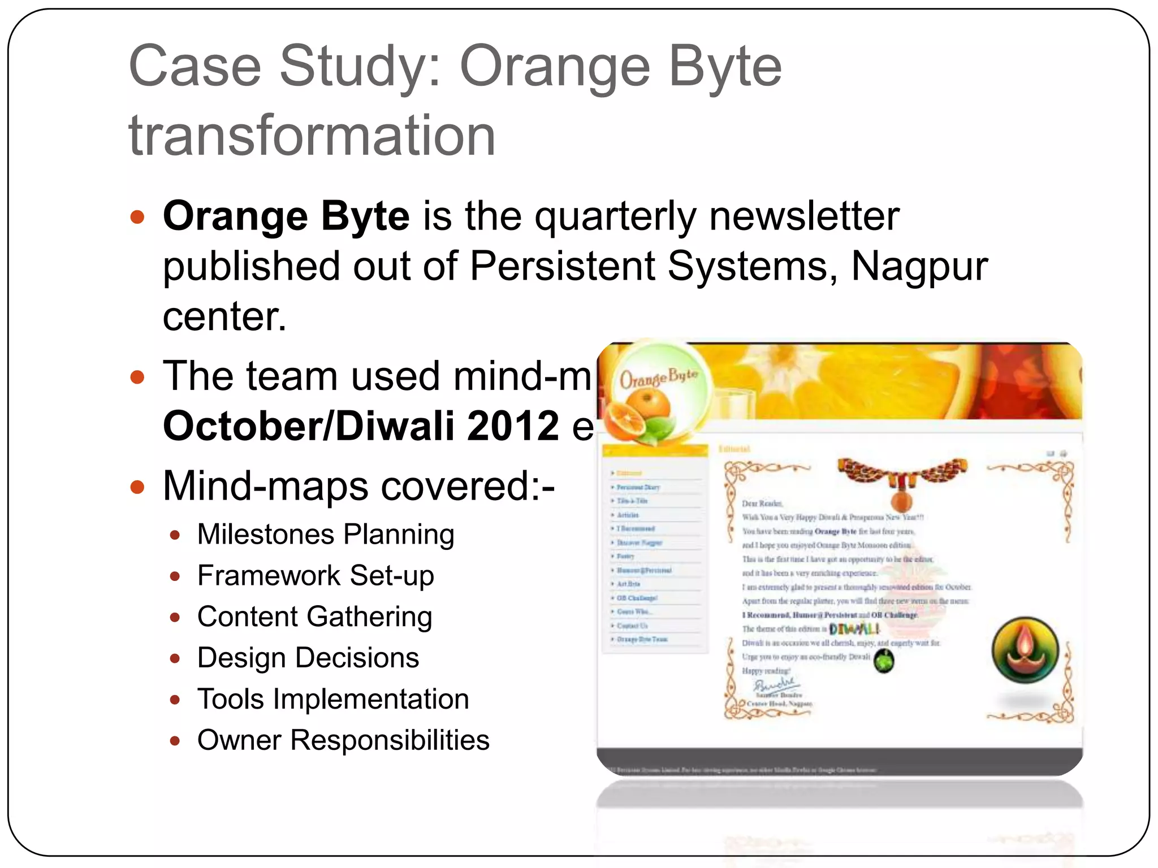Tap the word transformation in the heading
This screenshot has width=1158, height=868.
[x=312, y=136]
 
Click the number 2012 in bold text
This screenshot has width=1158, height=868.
[x=513, y=426]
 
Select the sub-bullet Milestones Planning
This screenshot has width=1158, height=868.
[x=326, y=535]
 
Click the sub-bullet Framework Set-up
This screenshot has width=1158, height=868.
[x=316, y=576]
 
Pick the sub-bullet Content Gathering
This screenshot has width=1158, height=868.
[x=314, y=617]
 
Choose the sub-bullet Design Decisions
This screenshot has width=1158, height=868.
[x=308, y=658]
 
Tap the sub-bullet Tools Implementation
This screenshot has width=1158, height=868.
[x=333, y=700]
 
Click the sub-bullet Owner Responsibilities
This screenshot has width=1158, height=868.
[x=343, y=741]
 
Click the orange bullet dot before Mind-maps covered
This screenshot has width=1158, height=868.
[x=137, y=487]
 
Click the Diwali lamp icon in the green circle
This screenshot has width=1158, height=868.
[x=1025, y=650]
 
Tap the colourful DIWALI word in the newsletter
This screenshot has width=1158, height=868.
[x=854, y=629]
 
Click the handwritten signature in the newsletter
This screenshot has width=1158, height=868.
[x=775, y=685]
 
